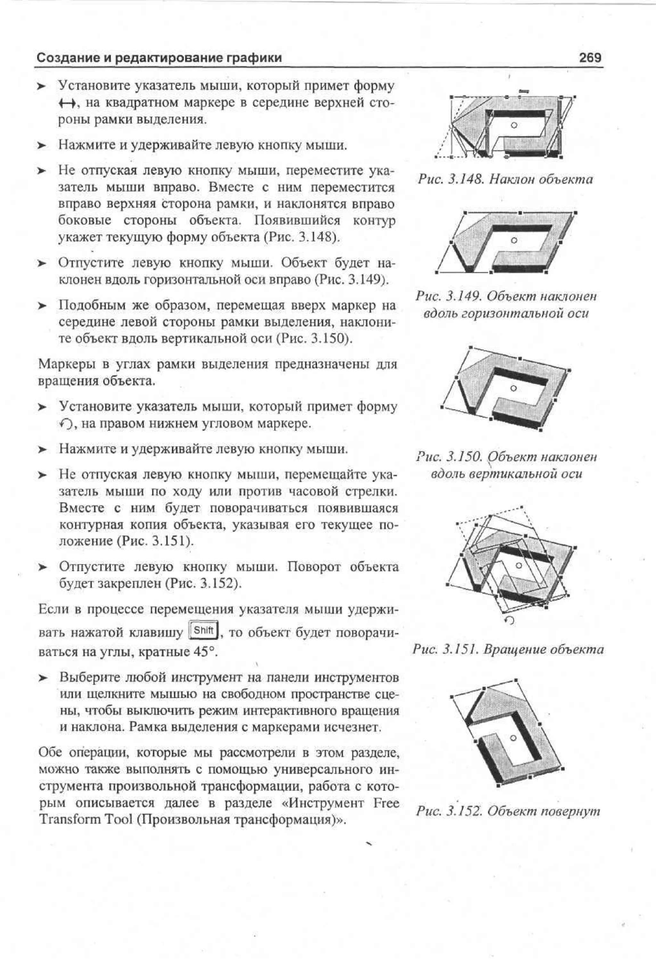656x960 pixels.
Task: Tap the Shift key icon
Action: (x=203, y=630)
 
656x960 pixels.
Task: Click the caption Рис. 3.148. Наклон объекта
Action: (x=505, y=179)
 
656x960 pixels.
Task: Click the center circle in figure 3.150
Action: (x=513, y=388)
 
